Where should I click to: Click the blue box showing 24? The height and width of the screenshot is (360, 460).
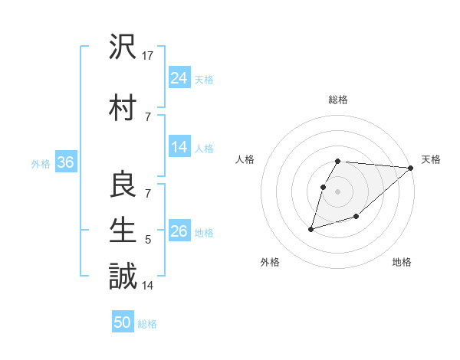(x=179, y=77)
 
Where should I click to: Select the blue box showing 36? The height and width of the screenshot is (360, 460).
(x=65, y=162)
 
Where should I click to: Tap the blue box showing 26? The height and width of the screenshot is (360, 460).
(x=179, y=231)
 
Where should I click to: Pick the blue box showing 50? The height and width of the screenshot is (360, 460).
(x=123, y=322)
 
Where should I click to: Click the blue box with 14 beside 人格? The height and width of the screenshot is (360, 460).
(x=179, y=147)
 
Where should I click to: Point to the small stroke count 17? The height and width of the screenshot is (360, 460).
(x=149, y=55)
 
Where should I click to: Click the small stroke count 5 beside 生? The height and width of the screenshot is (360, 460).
(x=149, y=240)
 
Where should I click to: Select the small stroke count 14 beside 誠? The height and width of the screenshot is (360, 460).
(x=149, y=285)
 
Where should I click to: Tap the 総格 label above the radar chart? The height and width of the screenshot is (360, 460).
(x=338, y=100)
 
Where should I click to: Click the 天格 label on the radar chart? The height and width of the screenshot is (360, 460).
(x=431, y=159)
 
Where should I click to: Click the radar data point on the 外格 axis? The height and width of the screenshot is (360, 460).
(x=310, y=229)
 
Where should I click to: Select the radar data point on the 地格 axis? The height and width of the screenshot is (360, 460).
(x=356, y=218)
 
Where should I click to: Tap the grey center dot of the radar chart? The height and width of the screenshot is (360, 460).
(x=338, y=191)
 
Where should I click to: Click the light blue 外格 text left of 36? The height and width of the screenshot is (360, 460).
(x=41, y=163)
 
